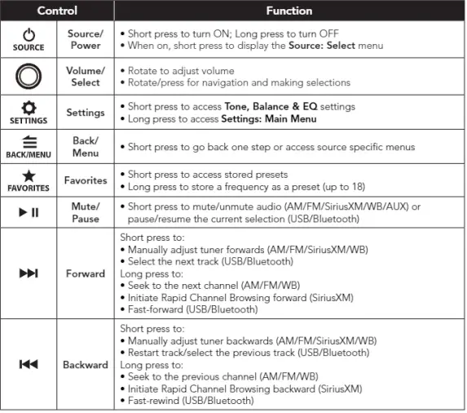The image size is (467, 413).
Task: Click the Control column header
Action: pos(56,11)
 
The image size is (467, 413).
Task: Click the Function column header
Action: pos(289,11)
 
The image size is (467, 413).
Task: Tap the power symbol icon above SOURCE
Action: pos(29,35)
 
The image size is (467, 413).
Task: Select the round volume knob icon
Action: pos(29,77)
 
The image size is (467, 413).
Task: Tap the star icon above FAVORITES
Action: pos(29,176)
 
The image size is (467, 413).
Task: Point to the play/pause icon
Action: pos(29,212)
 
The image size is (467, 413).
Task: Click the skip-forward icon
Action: pos(29,273)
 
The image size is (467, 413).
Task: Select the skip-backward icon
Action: pos(29,365)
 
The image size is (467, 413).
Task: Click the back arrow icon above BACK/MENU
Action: pos(29,141)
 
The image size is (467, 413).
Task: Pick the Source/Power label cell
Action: pos(85,40)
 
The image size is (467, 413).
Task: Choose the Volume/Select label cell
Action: pos(85,77)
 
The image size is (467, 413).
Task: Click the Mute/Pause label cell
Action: pos(85,213)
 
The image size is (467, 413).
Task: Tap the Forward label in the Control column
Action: pos(85,273)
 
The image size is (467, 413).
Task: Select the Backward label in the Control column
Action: pos(85,365)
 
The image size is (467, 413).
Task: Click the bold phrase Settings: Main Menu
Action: pos(269,120)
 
